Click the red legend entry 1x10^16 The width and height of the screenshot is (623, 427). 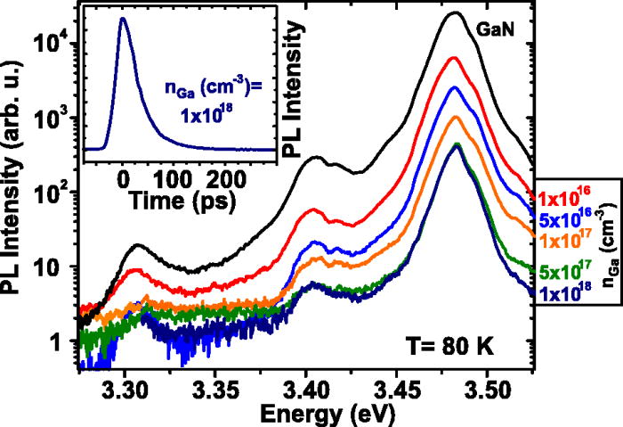[562, 197]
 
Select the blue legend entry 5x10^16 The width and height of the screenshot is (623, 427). [562, 219]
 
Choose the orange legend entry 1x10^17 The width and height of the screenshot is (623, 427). [562, 241]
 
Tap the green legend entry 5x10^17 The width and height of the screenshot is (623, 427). [562, 271]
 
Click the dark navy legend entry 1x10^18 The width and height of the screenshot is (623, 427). [562, 292]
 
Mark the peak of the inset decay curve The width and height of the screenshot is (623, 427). [124, 18]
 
